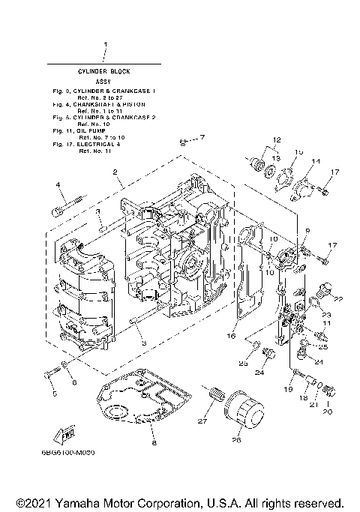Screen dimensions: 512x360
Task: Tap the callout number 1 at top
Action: pos(105,44)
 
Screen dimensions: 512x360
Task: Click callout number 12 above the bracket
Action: pos(275,140)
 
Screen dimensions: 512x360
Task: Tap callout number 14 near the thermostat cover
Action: pos(316,161)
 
